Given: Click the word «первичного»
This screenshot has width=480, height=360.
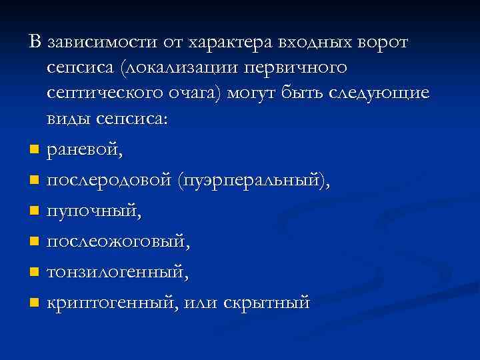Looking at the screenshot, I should tap(293, 68).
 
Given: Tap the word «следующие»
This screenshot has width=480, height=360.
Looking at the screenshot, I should tap(375, 93).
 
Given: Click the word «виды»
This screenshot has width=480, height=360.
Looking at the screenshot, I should tap(71, 119).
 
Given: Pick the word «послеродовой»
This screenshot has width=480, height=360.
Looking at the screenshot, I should tap(111, 180).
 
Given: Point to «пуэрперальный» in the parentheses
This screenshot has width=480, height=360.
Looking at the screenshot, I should tap(254, 180).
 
